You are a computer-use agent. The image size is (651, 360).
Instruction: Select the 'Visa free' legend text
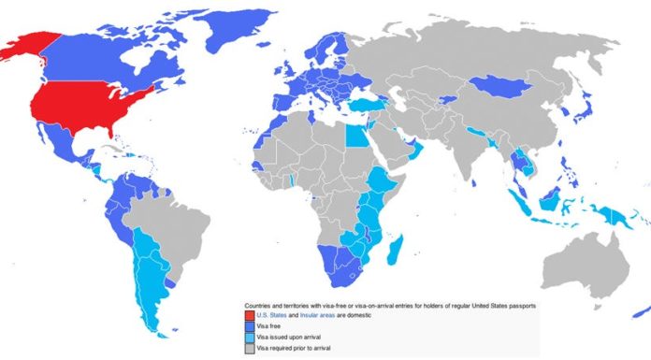click(x=271, y=326)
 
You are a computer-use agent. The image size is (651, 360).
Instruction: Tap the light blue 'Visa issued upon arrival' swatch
click(x=249, y=337)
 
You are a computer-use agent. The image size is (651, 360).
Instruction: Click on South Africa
click(x=342, y=271)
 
